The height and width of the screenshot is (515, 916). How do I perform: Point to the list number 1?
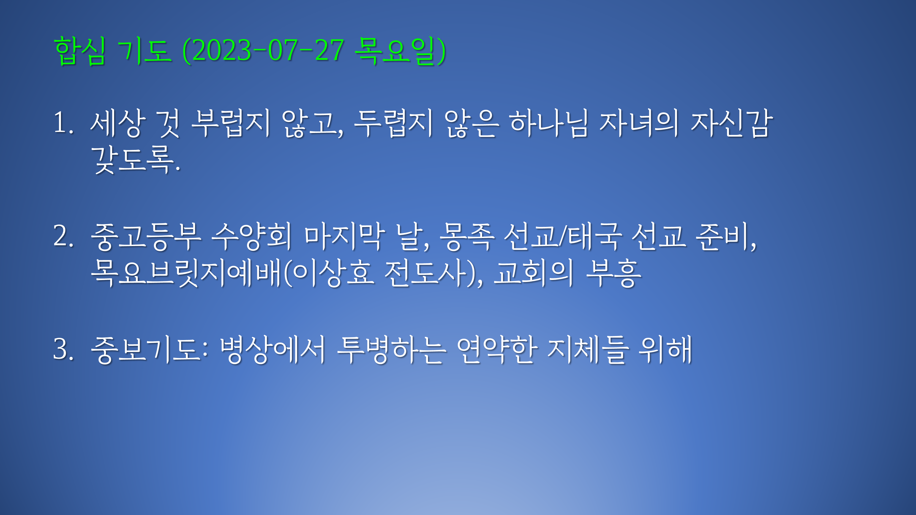(63, 123)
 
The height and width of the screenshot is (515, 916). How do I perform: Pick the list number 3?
(63, 349)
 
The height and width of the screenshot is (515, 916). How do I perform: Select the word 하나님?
(549, 123)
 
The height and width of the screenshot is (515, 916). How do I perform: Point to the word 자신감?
(731, 123)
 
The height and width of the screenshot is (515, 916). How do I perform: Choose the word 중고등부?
(146, 236)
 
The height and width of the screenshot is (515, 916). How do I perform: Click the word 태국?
(595, 236)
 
